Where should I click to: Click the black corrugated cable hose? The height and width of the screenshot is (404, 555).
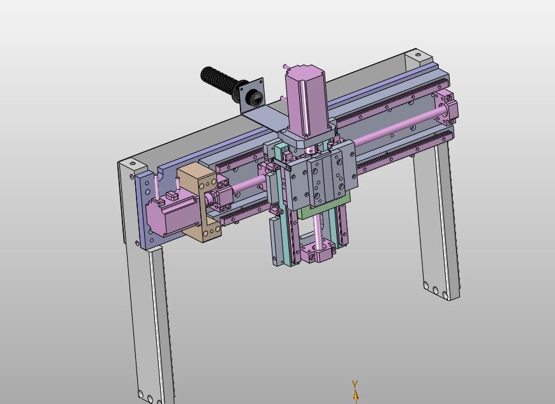coord(218,82)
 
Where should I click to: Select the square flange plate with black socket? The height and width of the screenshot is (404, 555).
coord(252,96)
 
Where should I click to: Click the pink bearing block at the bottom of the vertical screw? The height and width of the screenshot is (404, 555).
coord(318,250)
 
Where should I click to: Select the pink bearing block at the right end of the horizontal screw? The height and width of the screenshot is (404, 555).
coord(447,108)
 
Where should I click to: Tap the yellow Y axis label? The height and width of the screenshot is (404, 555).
coord(355,384)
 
